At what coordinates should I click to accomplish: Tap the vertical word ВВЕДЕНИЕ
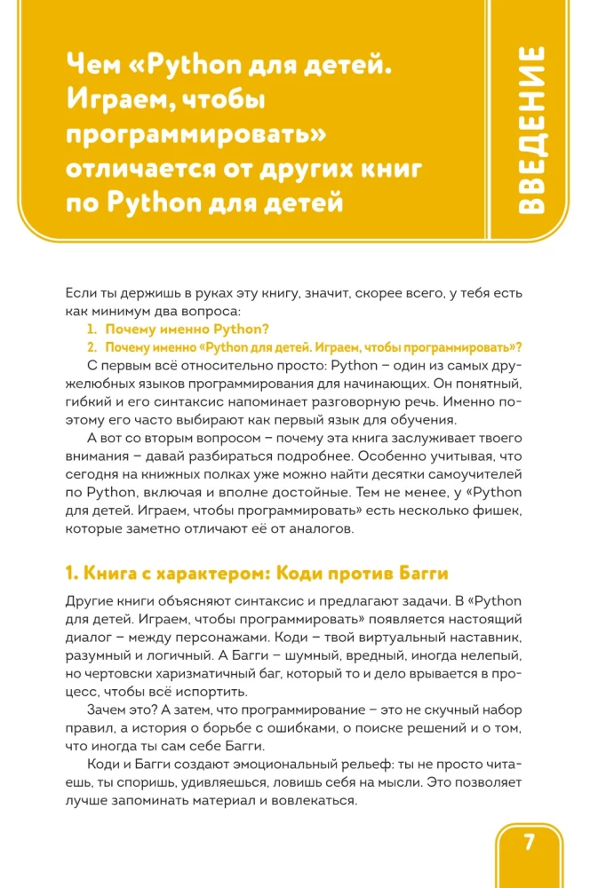point(534,131)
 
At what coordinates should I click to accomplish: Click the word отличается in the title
point(147,168)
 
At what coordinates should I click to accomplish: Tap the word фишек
point(502,511)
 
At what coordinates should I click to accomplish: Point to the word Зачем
point(108,711)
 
